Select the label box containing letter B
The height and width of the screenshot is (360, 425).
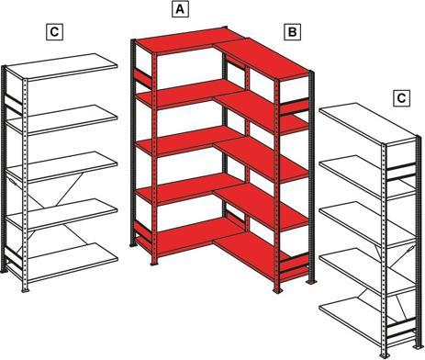[292, 32]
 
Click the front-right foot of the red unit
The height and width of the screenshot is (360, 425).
[278, 291]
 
